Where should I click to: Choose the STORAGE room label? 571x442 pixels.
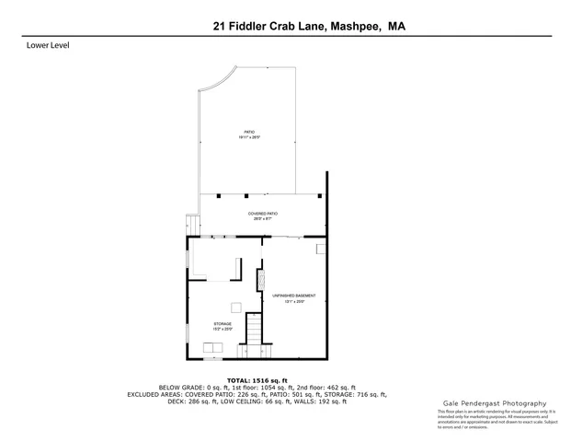pyautogui.click(x=223, y=324)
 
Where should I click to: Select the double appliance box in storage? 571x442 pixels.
pyautogui.click(x=212, y=347)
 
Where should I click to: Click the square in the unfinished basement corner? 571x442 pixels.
pyautogui.click(x=321, y=249)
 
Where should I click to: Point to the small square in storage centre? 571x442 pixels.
pyautogui.click(x=235, y=308)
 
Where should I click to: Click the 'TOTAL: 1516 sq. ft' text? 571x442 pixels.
pyautogui.click(x=257, y=380)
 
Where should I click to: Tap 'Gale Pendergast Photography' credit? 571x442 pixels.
pyautogui.click(x=496, y=403)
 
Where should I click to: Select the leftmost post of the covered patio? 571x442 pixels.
pyautogui.click(x=216, y=195)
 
